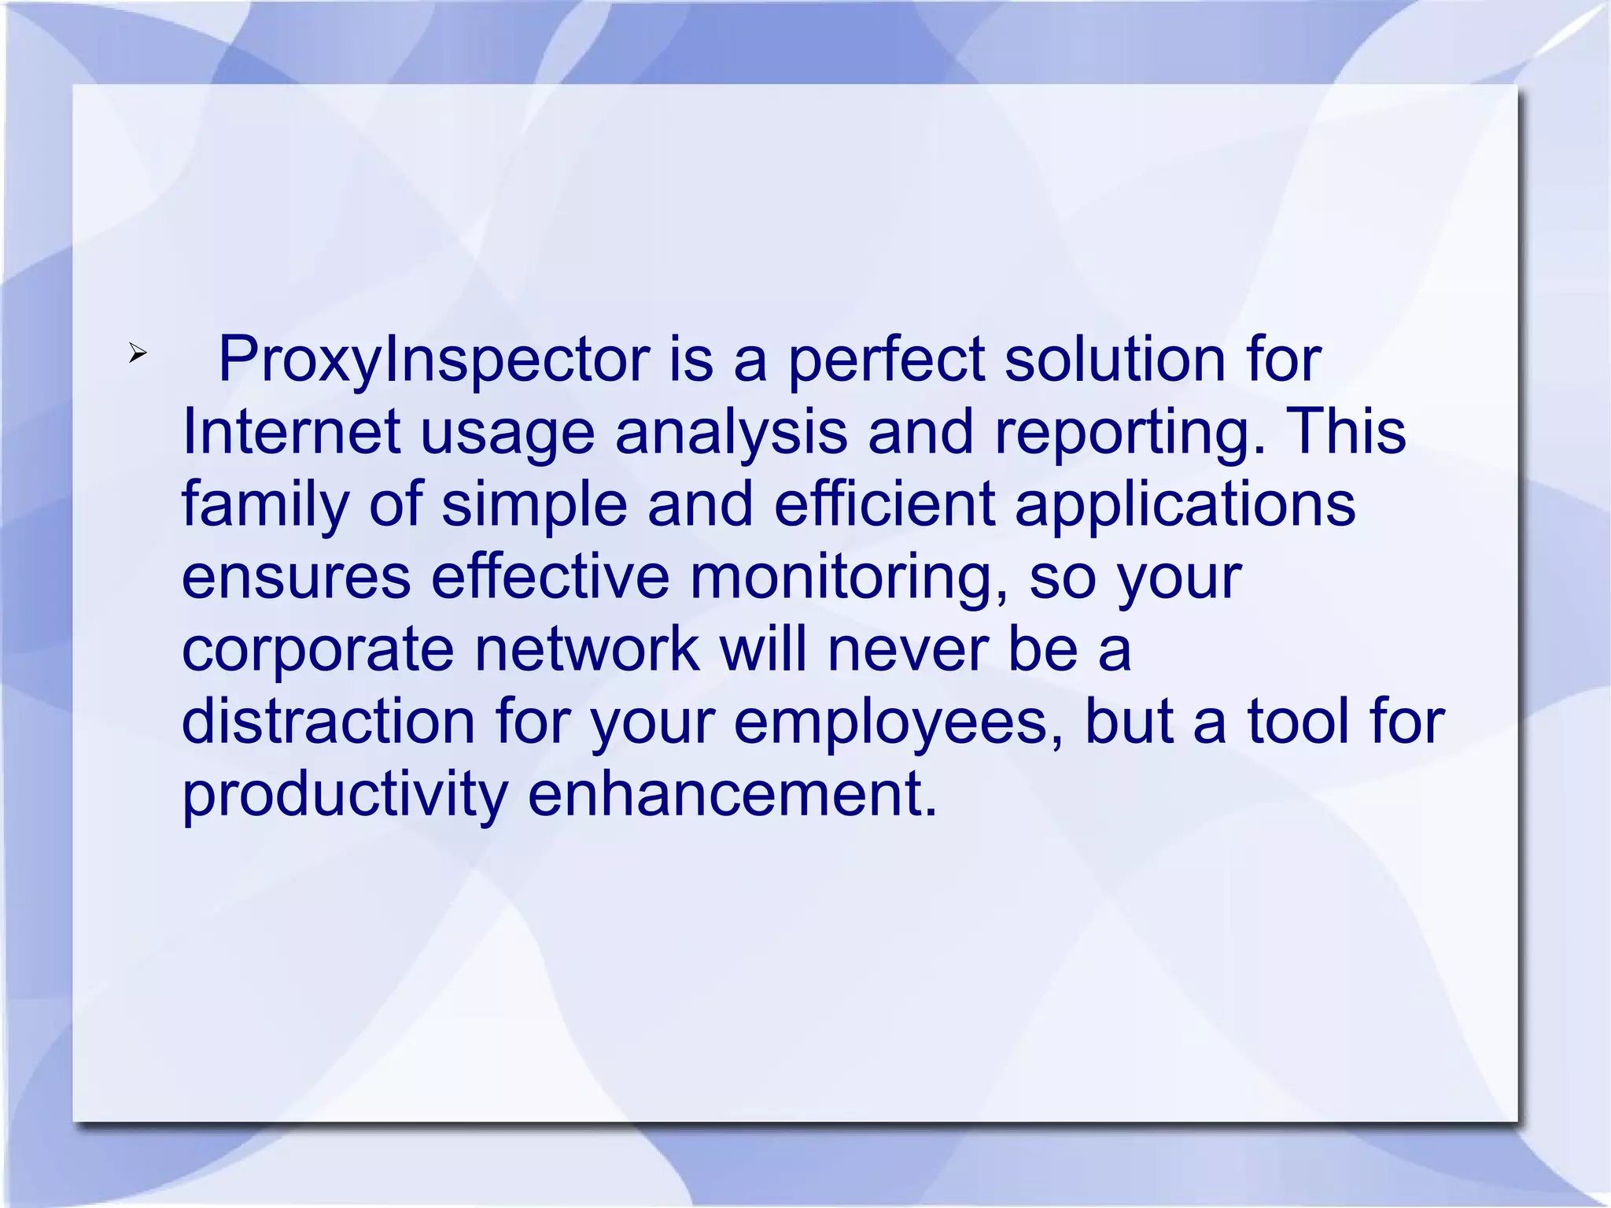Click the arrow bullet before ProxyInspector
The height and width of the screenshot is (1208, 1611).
coord(138,354)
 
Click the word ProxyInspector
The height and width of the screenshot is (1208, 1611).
coord(433,360)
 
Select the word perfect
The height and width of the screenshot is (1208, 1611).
coord(886,360)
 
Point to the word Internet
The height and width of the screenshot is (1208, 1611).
coord(291,431)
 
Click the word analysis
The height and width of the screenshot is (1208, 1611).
coord(731,433)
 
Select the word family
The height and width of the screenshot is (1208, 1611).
coord(266,505)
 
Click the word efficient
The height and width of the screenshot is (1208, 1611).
coord(885,504)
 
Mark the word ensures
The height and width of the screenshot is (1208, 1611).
coord(297,577)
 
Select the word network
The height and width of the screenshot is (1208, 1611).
coord(587,649)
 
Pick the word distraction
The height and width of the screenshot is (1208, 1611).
coord(328,721)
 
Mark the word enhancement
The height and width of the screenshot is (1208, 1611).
coord(732,793)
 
